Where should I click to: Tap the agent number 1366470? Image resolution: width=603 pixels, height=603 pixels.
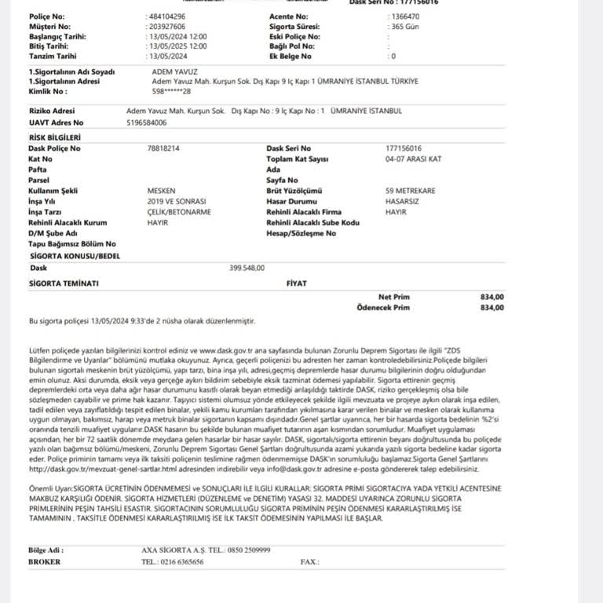click(404, 16)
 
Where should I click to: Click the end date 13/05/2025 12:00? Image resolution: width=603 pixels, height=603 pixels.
click(177, 46)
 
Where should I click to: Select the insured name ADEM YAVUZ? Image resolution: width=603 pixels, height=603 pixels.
click(171, 72)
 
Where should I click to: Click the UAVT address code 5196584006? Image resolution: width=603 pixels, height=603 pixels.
click(146, 122)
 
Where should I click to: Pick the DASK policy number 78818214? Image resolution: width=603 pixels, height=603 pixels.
click(163, 148)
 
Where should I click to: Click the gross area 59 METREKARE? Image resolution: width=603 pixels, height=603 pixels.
click(410, 191)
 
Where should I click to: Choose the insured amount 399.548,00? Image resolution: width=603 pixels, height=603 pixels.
click(247, 268)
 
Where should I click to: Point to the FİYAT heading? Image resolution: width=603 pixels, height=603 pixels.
click(297, 283)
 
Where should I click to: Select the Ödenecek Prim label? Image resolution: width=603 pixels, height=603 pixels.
click(383, 308)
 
